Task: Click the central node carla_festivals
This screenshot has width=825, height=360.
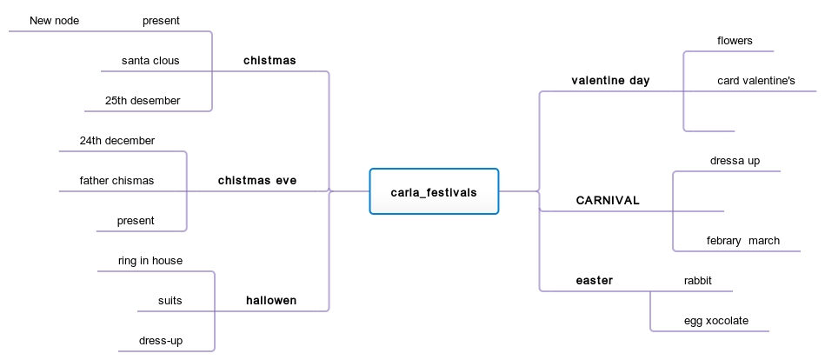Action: tap(434, 192)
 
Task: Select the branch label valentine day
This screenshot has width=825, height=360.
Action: tap(610, 81)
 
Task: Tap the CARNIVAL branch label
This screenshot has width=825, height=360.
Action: tap(608, 200)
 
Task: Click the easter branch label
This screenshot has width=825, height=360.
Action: tap(595, 280)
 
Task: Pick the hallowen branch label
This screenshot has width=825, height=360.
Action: tap(270, 300)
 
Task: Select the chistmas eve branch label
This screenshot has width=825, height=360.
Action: tap(256, 181)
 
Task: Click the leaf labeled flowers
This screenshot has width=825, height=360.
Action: tap(735, 41)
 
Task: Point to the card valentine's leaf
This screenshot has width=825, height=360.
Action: tap(755, 81)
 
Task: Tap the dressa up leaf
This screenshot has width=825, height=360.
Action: tap(735, 161)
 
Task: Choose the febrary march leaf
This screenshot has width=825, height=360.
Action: tap(742, 241)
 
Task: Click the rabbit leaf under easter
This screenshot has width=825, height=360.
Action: tap(698, 280)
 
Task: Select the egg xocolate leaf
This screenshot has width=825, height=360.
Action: tap(715, 321)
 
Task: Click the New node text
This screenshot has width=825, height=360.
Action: tap(55, 21)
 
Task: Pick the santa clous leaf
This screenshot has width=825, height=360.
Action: tap(150, 61)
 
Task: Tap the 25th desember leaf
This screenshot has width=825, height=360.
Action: tap(143, 101)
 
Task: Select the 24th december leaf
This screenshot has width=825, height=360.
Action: tap(116, 140)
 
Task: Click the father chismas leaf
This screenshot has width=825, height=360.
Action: tap(116, 181)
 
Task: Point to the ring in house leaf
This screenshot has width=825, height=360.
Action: tap(150, 260)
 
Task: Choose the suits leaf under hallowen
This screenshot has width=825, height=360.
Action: tap(170, 301)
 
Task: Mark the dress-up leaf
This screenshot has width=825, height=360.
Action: tap(160, 340)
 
